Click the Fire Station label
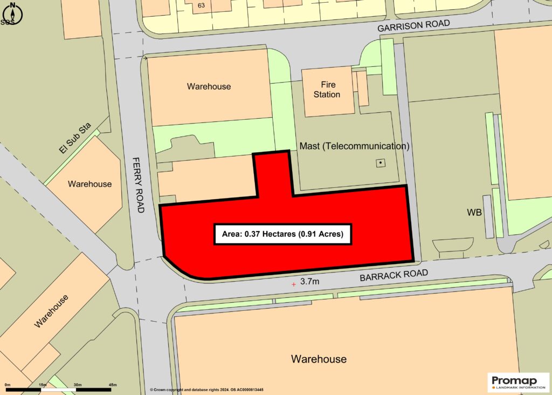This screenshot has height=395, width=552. (328, 90)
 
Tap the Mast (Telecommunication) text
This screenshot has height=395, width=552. (355, 146)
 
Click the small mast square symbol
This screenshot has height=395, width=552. (381, 162)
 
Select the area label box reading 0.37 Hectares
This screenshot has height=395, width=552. (283, 234)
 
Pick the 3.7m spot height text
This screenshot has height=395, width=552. (310, 282)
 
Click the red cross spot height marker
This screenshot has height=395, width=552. (293, 283)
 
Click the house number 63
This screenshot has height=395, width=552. (202, 6)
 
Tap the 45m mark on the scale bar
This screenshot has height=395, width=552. (113, 385)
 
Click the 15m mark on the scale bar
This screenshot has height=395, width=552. (43, 385)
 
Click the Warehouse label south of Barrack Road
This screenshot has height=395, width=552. (319, 359)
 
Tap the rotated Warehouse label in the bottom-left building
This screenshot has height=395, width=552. (52, 311)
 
